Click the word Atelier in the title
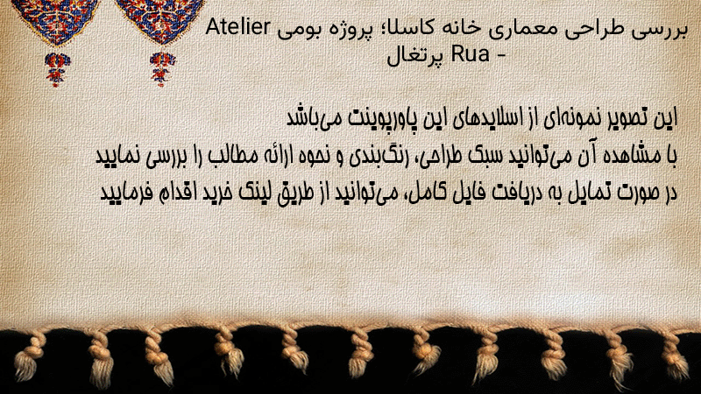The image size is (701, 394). (237, 28)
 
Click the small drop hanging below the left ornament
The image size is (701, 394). (56, 68)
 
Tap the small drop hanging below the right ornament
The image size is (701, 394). (162, 68)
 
